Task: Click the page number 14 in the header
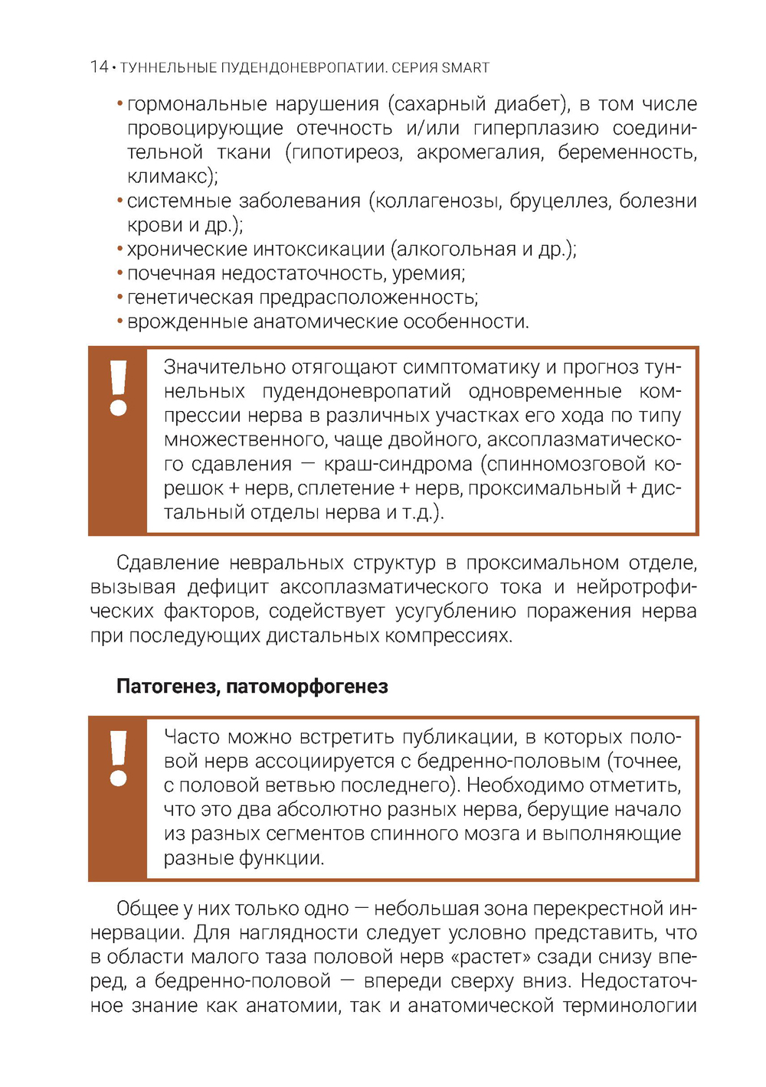point(99,67)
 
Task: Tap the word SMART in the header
point(465,67)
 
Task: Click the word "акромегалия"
point(480,152)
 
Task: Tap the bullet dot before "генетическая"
point(120,298)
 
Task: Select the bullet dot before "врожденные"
point(120,322)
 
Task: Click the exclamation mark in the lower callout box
point(118,758)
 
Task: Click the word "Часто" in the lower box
point(191,737)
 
